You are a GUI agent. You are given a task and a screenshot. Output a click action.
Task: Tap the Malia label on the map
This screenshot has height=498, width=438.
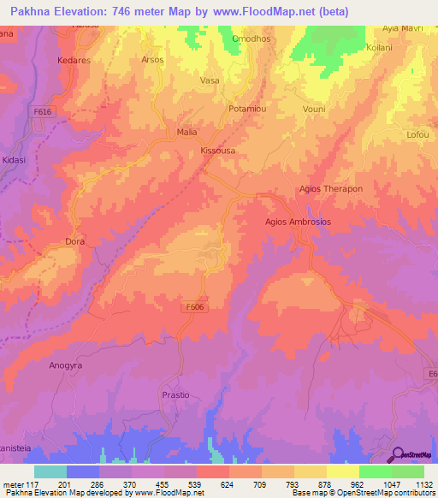(186, 133)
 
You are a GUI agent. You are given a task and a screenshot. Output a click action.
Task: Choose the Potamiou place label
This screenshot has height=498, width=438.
(249, 110)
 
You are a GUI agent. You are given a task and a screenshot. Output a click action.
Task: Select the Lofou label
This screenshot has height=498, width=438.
(418, 135)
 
